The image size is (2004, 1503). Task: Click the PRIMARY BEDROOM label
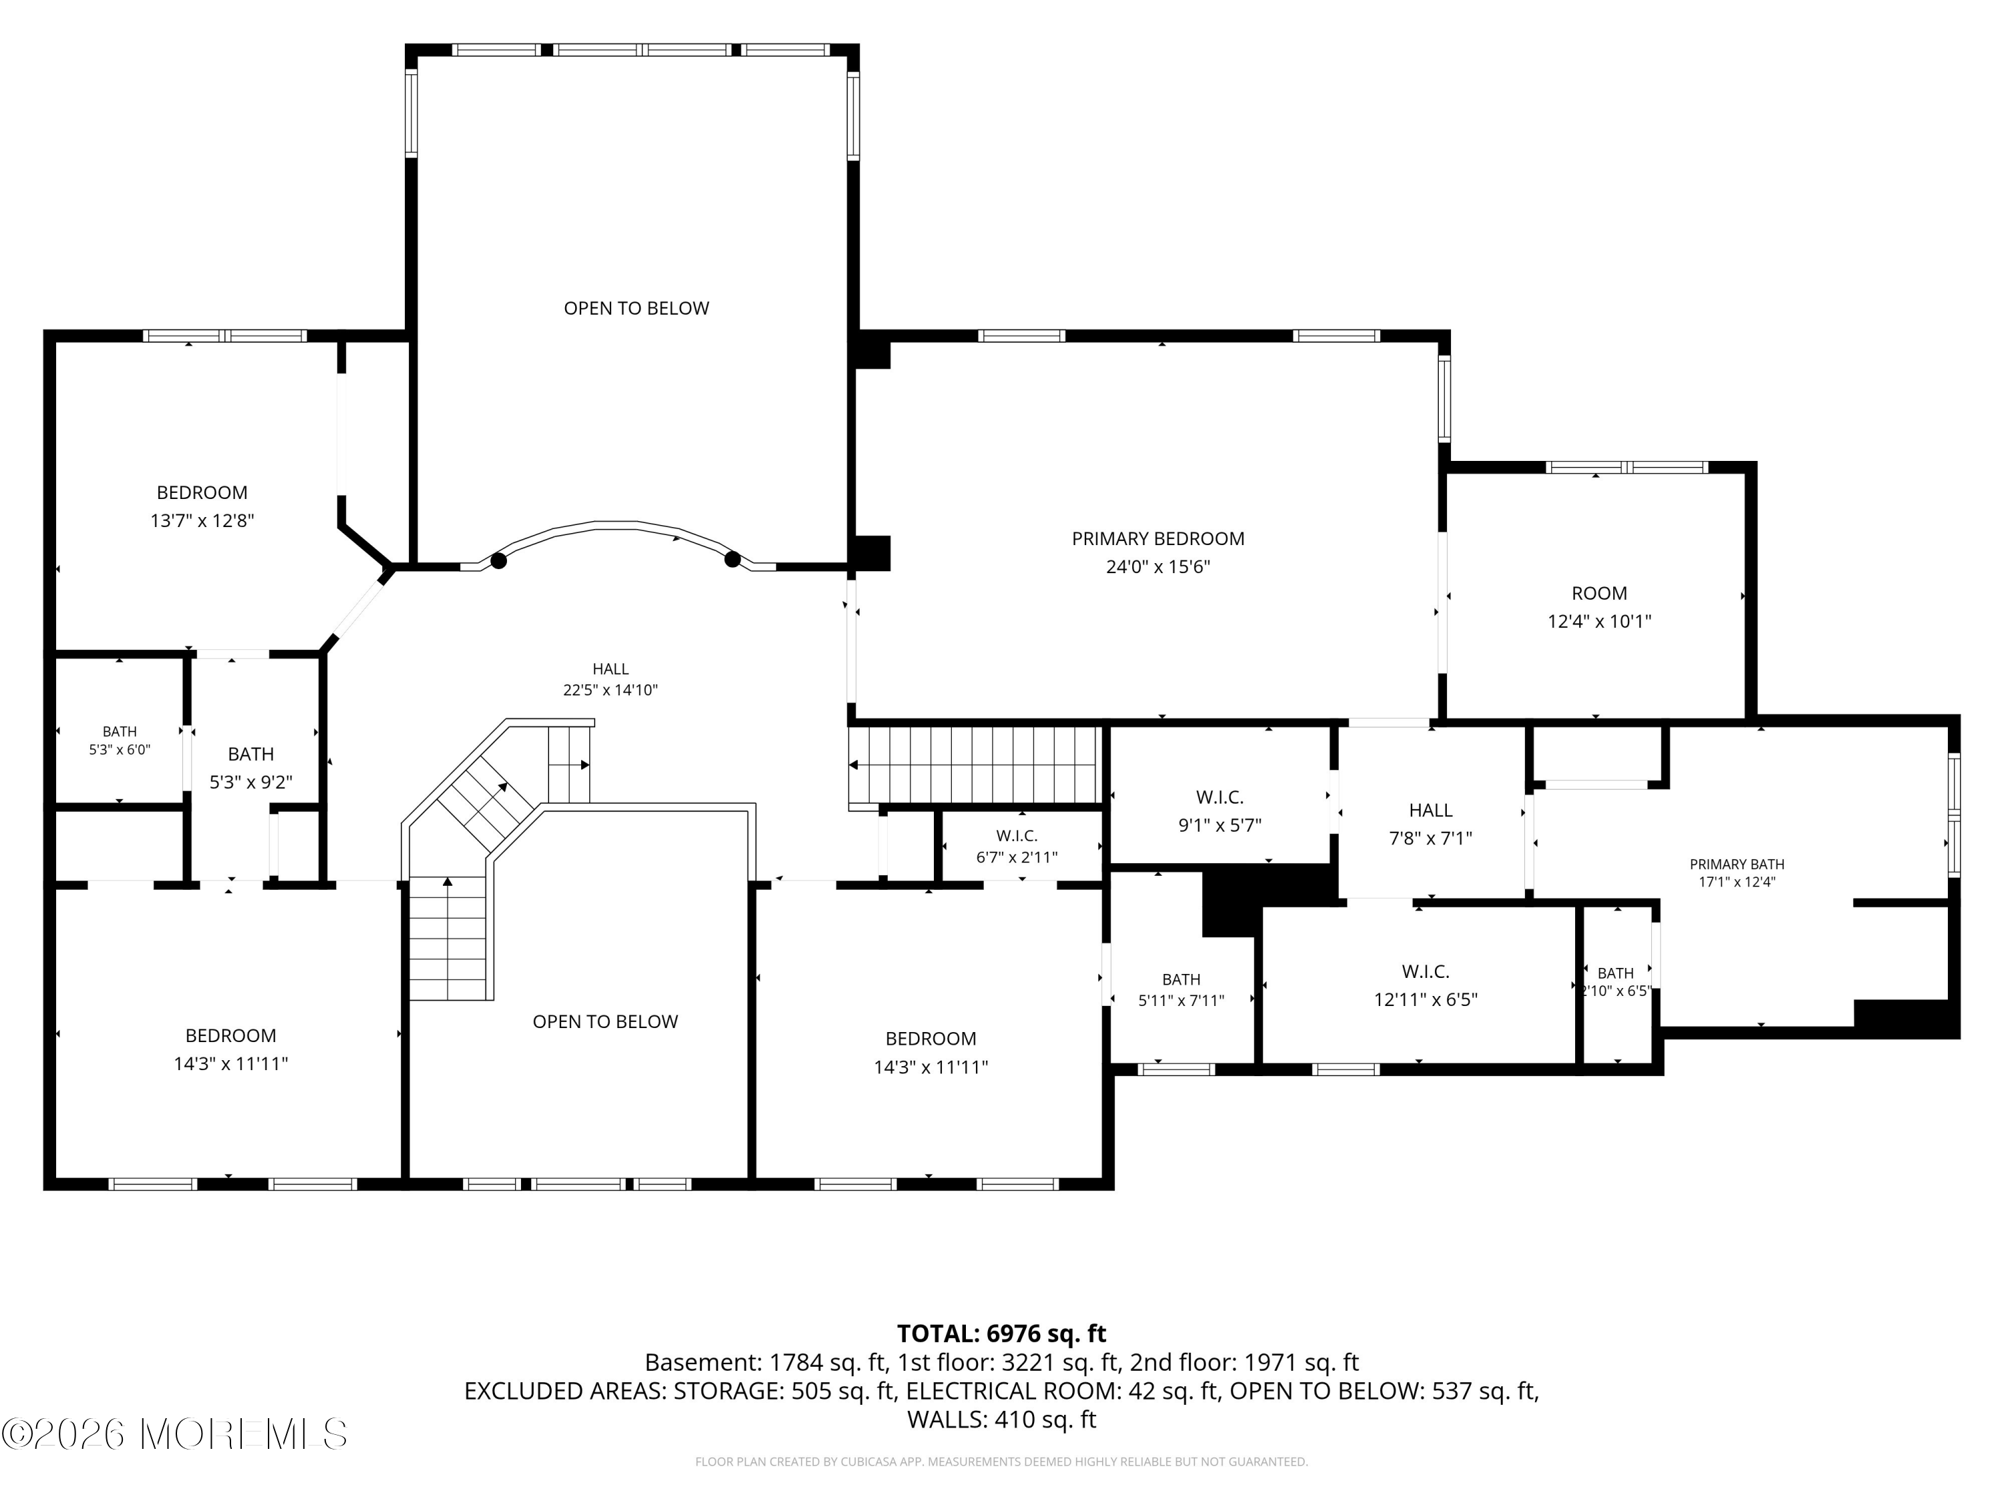1158,539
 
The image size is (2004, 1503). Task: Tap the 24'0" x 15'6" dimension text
1158,567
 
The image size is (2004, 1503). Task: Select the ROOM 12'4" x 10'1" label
1599,607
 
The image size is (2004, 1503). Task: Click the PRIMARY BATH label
1737,865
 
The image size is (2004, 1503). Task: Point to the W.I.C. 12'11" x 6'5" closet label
1425,986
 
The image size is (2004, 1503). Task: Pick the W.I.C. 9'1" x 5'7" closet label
1219,811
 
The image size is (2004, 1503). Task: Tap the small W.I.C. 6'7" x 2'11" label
1017,846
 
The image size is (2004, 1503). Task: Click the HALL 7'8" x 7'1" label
1431,824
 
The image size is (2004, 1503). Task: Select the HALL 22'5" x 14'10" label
611,679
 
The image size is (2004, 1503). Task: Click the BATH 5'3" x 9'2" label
251,768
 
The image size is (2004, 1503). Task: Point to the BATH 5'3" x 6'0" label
120,740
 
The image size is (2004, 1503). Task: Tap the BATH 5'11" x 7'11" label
1182,989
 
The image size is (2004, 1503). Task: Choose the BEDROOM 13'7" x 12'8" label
202,506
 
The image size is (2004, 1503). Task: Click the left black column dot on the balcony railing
498,561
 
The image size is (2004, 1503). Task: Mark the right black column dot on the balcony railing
732,559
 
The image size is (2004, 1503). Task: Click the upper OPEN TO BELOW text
636,308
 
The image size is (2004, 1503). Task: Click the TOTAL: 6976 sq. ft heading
1001,1333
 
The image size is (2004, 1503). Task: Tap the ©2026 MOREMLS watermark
174,1434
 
